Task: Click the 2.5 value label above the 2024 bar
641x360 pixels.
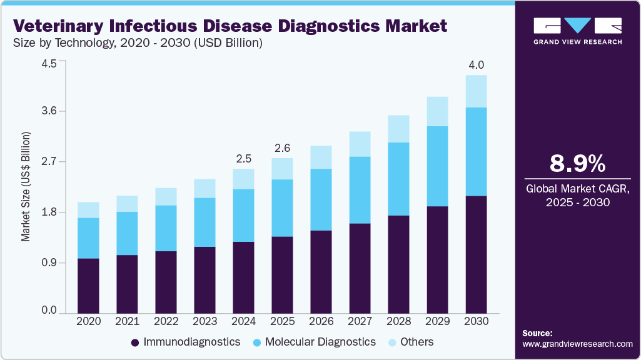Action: [243, 159]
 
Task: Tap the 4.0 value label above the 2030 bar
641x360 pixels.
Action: [477, 65]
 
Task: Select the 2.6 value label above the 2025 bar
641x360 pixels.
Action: [282, 148]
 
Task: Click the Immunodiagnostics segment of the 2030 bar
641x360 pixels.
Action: [477, 254]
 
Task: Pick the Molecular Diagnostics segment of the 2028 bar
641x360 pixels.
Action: [399, 179]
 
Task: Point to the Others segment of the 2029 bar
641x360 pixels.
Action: [438, 111]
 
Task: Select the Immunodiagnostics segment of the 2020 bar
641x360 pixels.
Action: [88, 285]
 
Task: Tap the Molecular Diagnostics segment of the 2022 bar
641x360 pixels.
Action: [166, 228]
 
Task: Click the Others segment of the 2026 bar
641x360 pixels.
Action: [321, 157]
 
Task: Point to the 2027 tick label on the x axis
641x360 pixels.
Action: [360, 321]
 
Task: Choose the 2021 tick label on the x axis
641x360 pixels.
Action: [127, 321]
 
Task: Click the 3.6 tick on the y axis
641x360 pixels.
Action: [49, 111]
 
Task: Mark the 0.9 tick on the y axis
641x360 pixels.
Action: [49, 262]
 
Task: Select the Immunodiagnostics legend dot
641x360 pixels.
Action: [135, 342]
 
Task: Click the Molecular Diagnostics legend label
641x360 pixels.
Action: [320, 342]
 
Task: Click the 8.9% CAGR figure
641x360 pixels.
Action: [577, 164]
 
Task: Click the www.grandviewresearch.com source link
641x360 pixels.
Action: [577, 344]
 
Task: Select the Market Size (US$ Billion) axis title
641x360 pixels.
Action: [26, 186]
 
